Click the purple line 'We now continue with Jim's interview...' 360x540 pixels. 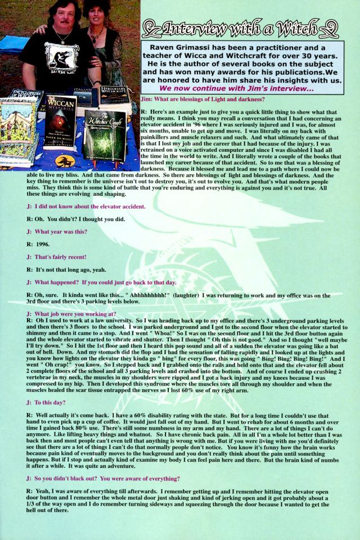tap(236, 88)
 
